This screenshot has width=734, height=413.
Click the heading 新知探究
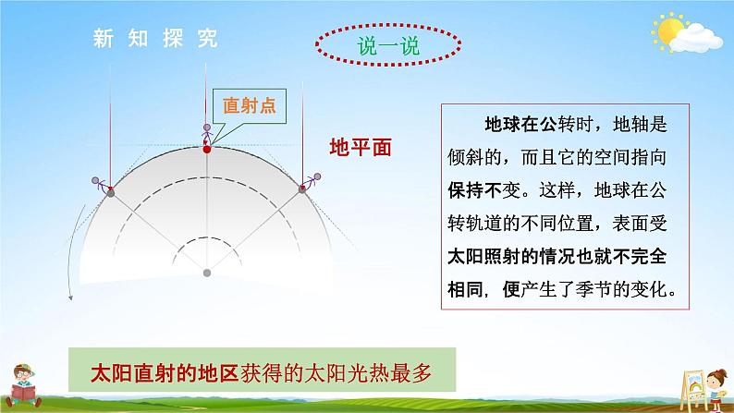click(x=155, y=39)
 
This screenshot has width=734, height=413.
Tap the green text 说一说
click(x=388, y=46)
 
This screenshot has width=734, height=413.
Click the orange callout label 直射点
click(x=249, y=105)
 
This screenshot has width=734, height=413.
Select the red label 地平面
click(x=361, y=147)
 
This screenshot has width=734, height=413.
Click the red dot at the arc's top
click(x=207, y=149)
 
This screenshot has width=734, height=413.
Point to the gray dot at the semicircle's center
click(x=207, y=273)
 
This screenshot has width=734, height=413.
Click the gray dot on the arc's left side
click(x=111, y=192)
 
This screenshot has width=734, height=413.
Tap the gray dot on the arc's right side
click(x=302, y=189)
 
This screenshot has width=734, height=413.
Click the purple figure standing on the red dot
click(x=206, y=135)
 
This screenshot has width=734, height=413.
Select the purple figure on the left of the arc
click(x=99, y=184)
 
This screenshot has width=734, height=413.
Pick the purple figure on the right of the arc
click(x=312, y=181)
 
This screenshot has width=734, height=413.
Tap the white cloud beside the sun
click(x=697, y=39)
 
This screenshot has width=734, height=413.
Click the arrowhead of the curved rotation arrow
click(x=70, y=297)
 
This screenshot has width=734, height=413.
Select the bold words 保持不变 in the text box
click(x=483, y=190)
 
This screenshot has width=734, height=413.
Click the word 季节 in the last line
click(x=593, y=290)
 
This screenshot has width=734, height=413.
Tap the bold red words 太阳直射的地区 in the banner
click(x=165, y=373)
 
